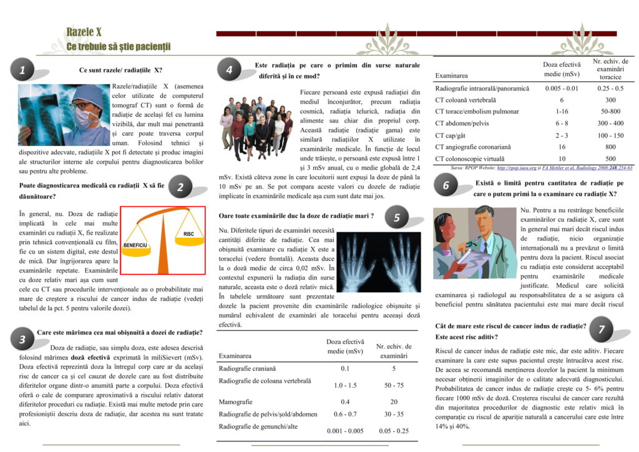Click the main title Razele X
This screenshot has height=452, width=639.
[84, 32]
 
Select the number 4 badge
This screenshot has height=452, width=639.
[229, 71]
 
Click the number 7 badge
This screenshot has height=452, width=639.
[601, 330]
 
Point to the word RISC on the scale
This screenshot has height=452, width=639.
[188, 233]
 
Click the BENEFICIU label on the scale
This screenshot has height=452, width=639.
[135, 245]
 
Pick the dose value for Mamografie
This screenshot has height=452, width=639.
[345, 401]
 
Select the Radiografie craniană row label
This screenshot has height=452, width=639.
[248, 368]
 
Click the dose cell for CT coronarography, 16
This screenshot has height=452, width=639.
[562, 147]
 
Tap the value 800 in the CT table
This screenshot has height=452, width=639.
[610, 147]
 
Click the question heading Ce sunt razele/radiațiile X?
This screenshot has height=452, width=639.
[121, 71]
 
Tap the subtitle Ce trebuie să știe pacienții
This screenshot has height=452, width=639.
[118, 47]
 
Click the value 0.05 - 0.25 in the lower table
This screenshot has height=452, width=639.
[394, 431]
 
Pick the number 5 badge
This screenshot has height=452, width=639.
[397, 217]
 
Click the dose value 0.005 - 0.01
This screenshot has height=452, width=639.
[562, 89]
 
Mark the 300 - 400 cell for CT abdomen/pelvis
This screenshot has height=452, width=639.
[610, 123]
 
